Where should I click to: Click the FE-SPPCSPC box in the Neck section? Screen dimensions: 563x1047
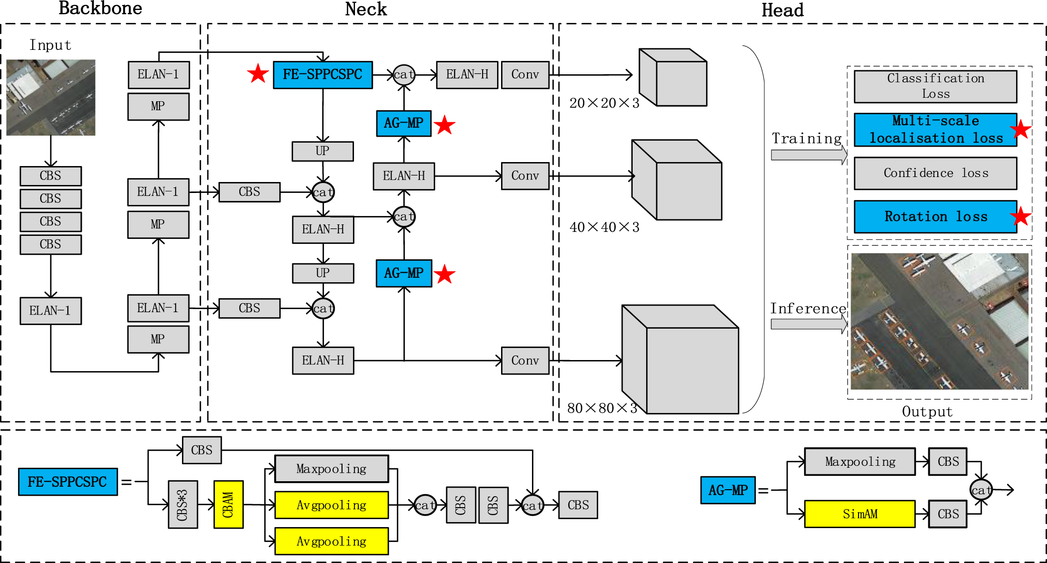(323, 75)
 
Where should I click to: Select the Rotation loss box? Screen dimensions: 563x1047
(935, 216)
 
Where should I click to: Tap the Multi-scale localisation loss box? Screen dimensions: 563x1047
(935, 130)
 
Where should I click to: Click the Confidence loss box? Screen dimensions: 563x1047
(935, 173)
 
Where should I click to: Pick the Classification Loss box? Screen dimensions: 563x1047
(935, 86)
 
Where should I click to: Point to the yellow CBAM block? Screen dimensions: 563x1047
(228, 504)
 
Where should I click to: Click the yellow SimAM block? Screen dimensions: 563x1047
(860, 514)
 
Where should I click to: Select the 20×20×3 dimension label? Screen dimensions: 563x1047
(604, 103)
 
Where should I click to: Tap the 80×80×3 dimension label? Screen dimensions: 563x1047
(602, 408)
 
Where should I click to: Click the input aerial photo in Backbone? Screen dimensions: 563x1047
(51, 97)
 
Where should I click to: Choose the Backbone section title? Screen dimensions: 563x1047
(100, 8)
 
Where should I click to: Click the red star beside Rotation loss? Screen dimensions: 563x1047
(1020, 216)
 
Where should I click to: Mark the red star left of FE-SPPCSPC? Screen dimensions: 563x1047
(258, 74)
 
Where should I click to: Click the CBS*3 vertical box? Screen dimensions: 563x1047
(182, 504)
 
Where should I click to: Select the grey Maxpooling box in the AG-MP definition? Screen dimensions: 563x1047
(860, 461)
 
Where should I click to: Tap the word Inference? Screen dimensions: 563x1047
(808, 309)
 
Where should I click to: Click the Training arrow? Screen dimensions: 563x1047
(808, 155)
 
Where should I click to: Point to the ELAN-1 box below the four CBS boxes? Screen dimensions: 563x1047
(50, 311)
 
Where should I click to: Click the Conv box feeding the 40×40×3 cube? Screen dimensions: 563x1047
(524, 176)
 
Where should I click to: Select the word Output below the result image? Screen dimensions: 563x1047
(927, 412)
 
